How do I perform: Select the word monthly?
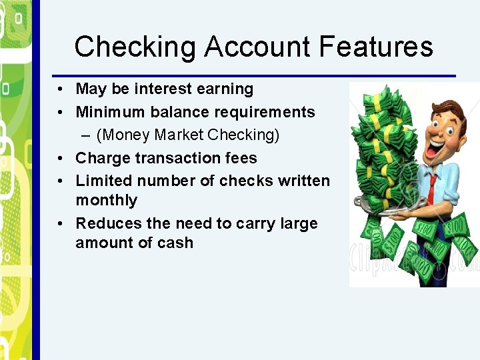[x=106, y=200]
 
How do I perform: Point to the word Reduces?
[x=107, y=223]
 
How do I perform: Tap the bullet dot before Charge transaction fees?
[x=60, y=158]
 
